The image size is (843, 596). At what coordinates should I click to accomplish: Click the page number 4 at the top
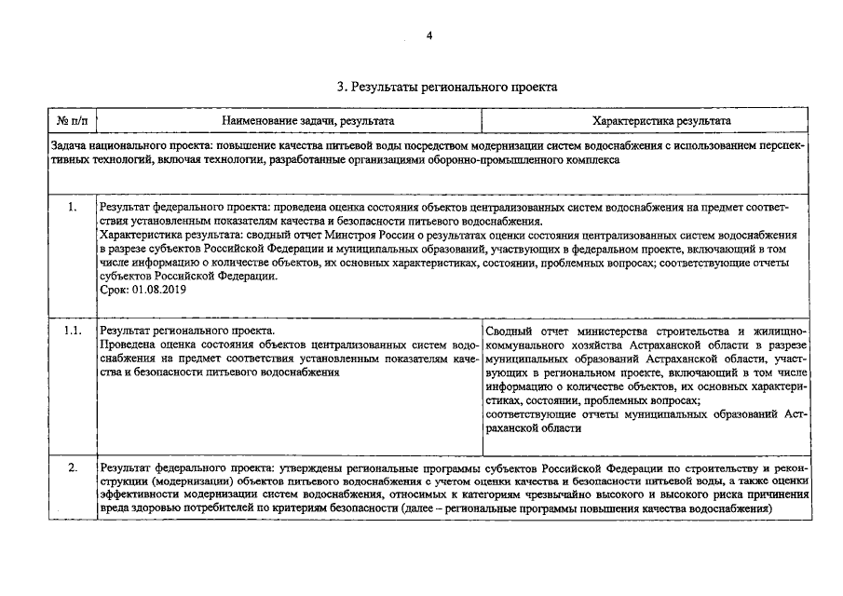(x=429, y=35)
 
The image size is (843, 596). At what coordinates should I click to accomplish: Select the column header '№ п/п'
(x=72, y=121)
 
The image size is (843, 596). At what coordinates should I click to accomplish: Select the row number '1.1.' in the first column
(x=73, y=332)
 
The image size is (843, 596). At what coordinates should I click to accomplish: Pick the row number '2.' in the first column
(x=73, y=467)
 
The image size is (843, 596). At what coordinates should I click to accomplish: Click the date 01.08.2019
(x=157, y=290)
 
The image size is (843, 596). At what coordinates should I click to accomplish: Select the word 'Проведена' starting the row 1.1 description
(x=127, y=345)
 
